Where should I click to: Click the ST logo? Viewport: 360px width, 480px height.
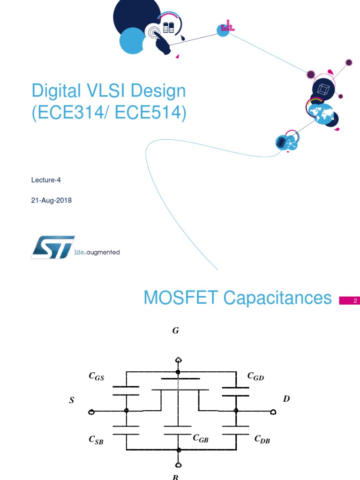click(x=53, y=247)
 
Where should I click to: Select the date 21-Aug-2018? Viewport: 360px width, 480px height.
click(x=51, y=200)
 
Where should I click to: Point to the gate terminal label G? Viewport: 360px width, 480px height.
click(x=175, y=331)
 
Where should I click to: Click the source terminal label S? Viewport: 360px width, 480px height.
click(x=72, y=401)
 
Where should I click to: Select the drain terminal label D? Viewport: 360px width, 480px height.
click(x=286, y=399)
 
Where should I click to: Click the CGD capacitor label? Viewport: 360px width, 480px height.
click(x=255, y=376)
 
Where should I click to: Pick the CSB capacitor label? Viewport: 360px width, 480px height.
click(x=96, y=440)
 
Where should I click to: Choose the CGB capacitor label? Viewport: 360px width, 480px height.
click(x=200, y=438)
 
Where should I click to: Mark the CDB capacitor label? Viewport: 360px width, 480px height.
click(x=262, y=440)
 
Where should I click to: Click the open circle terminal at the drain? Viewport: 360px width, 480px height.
click(x=273, y=412)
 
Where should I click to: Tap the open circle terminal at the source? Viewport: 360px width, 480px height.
click(x=91, y=412)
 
